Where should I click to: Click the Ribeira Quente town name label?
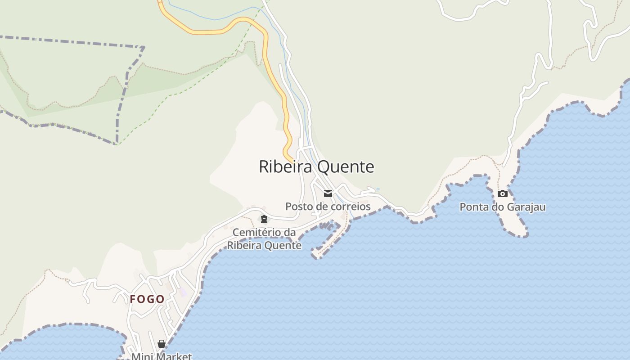(x=316, y=166)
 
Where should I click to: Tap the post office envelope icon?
(x=328, y=193)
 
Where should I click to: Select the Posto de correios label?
(x=328, y=207)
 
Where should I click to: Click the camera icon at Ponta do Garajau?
(x=503, y=194)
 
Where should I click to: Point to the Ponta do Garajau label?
(x=502, y=207)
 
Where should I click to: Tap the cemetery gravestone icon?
(x=264, y=219)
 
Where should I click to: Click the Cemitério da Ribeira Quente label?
(x=264, y=239)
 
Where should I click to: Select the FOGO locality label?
(x=147, y=299)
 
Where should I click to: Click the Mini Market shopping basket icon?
(x=162, y=344)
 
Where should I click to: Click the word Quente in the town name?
(x=346, y=166)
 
